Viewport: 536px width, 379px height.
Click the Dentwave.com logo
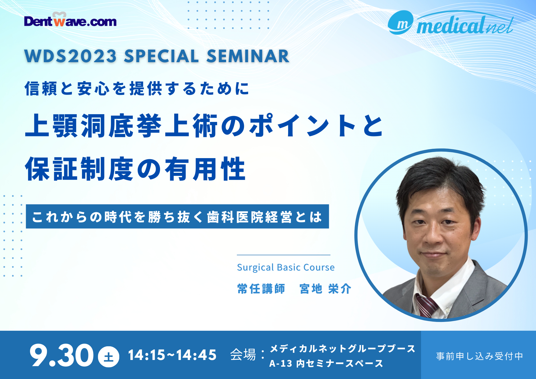pyautogui.click(x=70, y=20)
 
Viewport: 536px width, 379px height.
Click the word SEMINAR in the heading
pyautogui.click(x=248, y=56)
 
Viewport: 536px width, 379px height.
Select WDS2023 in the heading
pyautogui.click(x=70, y=56)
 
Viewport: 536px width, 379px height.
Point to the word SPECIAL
pyautogui.click(x=162, y=56)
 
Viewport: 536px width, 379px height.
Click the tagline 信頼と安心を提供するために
pyautogui.click(x=137, y=88)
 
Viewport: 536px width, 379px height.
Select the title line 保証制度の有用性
pyautogui.click(x=135, y=169)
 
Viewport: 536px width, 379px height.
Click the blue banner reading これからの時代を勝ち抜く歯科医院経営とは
pyautogui.click(x=177, y=217)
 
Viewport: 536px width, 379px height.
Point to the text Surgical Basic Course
pyautogui.click(x=286, y=267)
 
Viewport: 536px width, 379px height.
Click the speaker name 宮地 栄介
pyautogui.click(x=325, y=289)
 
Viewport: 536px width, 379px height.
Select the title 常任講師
pyautogui.click(x=261, y=289)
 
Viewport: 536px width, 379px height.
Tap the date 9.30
pyautogui.click(x=61, y=355)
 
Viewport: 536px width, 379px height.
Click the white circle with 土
pyautogui.click(x=109, y=357)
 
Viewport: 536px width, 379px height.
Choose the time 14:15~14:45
pyautogui.click(x=172, y=355)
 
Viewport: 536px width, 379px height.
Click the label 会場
pyautogui.click(x=243, y=355)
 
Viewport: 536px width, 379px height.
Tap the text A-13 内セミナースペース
pyautogui.click(x=326, y=363)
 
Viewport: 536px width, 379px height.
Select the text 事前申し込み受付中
pyautogui.click(x=479, y=356)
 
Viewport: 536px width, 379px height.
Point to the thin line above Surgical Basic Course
pyautogui.click(x=284, y=255)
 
